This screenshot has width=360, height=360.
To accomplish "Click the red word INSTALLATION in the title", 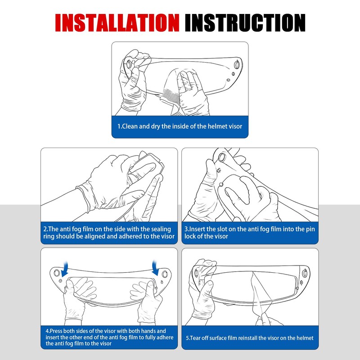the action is [x=117, y=23].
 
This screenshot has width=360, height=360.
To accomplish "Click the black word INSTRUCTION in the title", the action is [x=245, y=23].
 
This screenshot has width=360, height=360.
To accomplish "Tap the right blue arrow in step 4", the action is [x=156, y=268].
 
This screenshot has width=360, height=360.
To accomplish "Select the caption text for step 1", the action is [x=180, y=126].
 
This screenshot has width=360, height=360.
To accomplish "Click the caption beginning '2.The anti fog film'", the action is [x=109, y=233].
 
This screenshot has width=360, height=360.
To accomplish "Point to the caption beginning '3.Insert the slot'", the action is [x=250, y=233].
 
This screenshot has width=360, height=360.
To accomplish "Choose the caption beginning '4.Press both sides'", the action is [x=109, y=337].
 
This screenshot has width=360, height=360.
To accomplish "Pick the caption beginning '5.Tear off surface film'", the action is [x=250, y=338].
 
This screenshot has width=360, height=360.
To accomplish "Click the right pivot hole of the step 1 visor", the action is [x=237, y=65].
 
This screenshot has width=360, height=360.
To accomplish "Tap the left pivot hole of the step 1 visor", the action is [x=129, y=64].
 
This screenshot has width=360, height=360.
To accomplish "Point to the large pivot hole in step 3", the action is [x=222, y=157].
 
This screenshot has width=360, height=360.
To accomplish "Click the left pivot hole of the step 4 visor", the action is [x=57, y=273].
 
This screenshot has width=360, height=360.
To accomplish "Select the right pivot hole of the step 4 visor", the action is [x=164, y=274].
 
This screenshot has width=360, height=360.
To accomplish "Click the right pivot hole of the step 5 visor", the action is [x=305, y=273].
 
